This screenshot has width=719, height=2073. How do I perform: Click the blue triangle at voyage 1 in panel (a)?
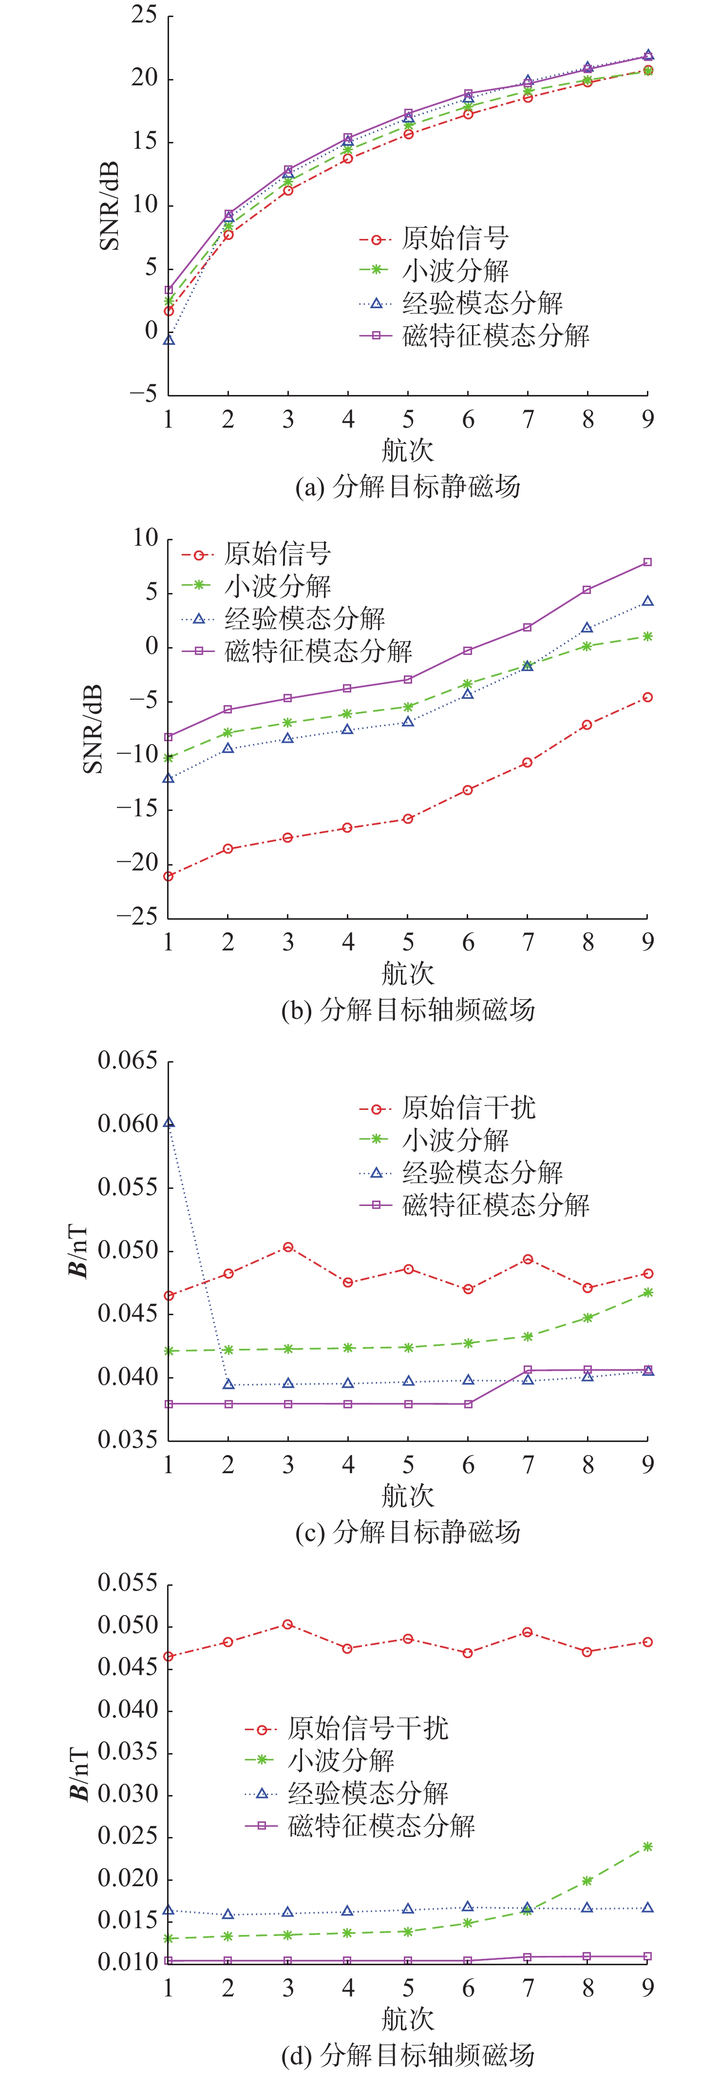[x=169, y=340]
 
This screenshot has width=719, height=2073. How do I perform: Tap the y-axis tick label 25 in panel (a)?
[x=145, y=15]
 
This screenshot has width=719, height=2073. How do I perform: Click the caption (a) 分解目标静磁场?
[x=408, y=486]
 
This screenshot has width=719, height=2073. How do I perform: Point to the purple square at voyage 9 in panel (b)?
[x=647, y=562]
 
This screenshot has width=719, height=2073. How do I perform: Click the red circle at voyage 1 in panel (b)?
[x=169, y=876]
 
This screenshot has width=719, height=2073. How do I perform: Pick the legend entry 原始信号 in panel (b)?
[x=277, y=553]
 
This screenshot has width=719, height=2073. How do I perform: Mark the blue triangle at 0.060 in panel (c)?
[x=169, y=1123]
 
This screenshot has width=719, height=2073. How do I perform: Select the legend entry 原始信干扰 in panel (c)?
[x=468, y=1107]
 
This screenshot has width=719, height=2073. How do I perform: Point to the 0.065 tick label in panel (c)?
[x=127, y=1061]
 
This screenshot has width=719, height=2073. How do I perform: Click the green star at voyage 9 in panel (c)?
[x=647, y=1292]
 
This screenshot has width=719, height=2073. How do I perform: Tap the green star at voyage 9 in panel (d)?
[x=647, y=1847]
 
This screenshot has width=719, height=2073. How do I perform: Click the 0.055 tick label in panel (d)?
[x=127, y=1583]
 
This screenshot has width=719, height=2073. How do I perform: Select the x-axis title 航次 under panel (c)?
[x=408, y=1496]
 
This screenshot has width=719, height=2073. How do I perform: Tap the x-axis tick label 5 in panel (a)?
[x=408, y=419]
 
